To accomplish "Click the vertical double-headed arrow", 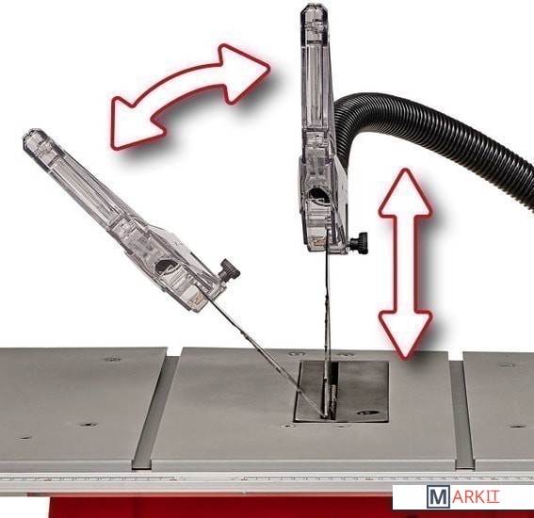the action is [405, 264].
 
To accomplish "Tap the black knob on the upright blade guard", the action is [359, 243].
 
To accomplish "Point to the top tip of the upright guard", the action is [314, 4].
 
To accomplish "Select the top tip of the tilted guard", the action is [32, 131].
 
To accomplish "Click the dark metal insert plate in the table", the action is [342, 392].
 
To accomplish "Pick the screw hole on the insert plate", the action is [368, 413].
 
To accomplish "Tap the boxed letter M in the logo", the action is [438, 497].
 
